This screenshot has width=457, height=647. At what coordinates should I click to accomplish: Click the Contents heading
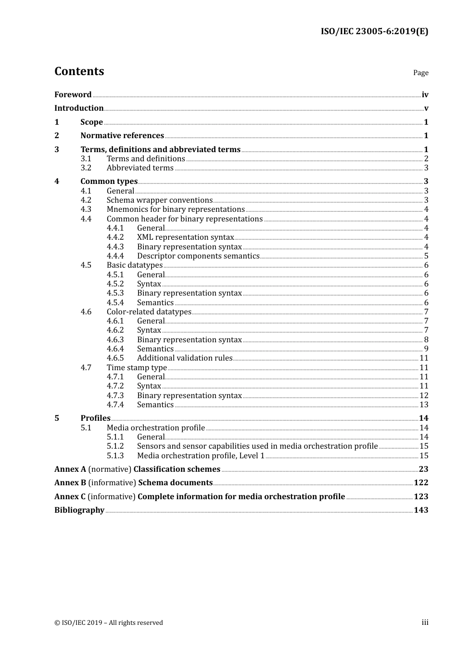click(x=79, y=71)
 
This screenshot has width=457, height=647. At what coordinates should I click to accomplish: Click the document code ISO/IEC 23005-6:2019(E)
click(x=374, y=31)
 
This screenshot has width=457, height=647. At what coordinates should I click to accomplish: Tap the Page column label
click(x=420, y=73)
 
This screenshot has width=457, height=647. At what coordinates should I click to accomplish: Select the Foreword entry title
click(x=73, y=95)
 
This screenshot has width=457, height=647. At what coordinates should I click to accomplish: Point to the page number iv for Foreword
click(x=425, y=95)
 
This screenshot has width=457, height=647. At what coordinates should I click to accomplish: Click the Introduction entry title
click(x=79, y=108)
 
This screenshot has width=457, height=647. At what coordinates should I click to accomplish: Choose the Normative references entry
click(x=122, y=136)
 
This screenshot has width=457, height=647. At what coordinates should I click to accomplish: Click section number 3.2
click(x=86, y=168)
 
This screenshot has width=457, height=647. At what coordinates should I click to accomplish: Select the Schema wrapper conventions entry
click(x=160, y=200)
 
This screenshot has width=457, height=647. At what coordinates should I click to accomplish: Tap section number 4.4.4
click(x=115, y=256)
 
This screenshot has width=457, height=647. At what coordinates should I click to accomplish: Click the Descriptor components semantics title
click(x=198, y=256)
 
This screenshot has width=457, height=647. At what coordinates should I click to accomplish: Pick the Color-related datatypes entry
click(x=149, y=312)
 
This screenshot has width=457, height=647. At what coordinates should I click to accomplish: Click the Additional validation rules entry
click(x=185, y=358)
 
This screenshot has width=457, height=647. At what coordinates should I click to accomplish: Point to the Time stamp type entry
click(x=137, y=368)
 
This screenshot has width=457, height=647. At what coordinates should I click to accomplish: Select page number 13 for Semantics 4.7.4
click(x=424, y=405)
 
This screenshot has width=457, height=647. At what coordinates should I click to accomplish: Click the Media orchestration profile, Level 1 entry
click(x=201, y=456)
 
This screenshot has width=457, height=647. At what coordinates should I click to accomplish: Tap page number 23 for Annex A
click(x=423, y=469)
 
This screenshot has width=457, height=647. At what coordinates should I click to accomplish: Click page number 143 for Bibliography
click(x=421, y=510)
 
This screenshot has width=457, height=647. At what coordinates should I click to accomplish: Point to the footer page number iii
click(x=425, y=622)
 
